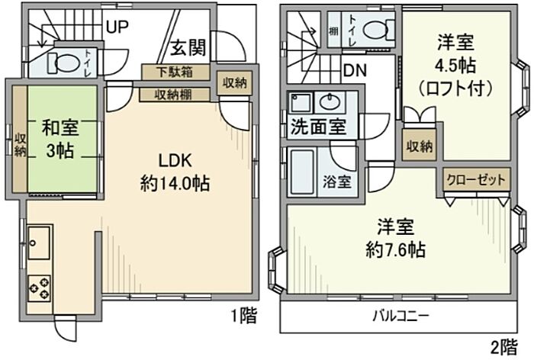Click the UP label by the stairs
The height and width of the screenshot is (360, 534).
(x=117, y=27)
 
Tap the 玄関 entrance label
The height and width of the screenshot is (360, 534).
(x=188, y=47)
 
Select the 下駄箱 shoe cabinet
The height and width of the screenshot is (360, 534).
(x=175, y=72)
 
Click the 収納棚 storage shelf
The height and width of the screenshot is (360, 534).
(x=175, y=95)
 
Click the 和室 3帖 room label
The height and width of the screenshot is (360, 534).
(x=60, y=138)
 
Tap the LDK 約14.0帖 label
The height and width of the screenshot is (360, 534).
(x=175, y=172)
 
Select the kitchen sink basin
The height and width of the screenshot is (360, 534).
(x=39, y=242)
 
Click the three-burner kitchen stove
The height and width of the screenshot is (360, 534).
(x=39, y=288)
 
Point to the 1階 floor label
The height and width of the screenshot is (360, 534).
(x=244, y=316)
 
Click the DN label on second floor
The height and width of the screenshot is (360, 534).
(x=355, y=70)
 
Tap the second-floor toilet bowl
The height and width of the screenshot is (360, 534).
(x=375, y=30)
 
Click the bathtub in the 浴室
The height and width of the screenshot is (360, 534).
(x=302, y=172)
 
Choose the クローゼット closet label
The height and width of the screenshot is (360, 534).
(x=476, y=179)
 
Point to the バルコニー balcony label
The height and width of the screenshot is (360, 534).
(x=401, y=316)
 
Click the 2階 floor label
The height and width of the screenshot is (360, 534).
(x=504, y=348)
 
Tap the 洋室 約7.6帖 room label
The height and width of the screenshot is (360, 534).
(x=396, y=239)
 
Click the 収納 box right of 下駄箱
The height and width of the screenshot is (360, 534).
(x=235, y=83)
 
